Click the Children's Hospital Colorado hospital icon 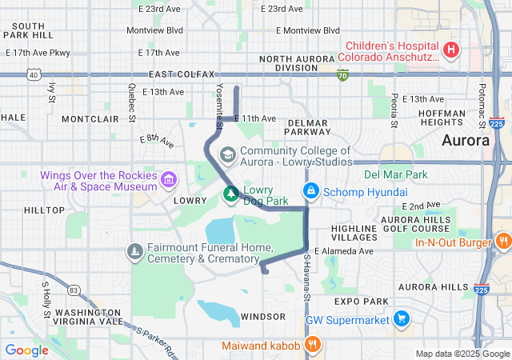point(451,50)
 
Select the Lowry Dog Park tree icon point(230,193)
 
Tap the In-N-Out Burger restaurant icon point(502,240)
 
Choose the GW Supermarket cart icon point(401,320)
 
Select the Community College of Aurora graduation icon point(228,153)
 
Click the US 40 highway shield point(33,74)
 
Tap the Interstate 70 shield point(342,75)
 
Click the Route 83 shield point(74,290)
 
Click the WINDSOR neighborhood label point(262,317)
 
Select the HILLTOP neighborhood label point(44,210)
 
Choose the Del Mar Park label point(395,174)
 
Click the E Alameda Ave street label point(344,251)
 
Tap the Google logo point(27,350)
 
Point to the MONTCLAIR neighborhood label point(90,118)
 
